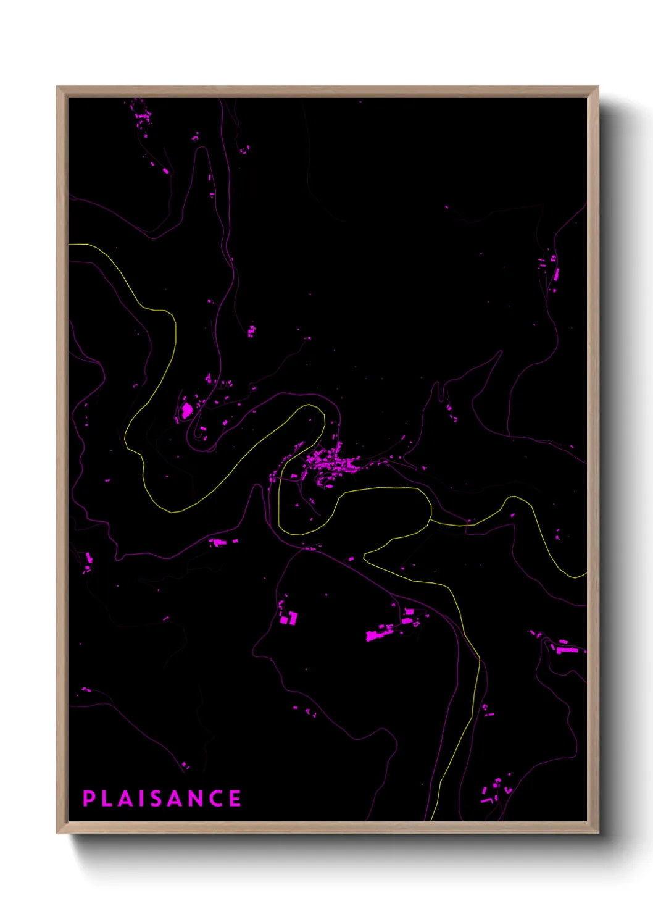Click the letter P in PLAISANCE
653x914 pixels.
[88, 799]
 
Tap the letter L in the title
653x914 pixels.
[107, 799]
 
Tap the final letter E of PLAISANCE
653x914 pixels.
[235, 799]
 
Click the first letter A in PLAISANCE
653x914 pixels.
[126, 799]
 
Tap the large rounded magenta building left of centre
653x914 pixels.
[186, 410]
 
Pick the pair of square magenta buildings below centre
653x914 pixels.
[289, 618]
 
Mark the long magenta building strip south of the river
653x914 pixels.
[380, 633]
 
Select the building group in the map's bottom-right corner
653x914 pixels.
[494, 790]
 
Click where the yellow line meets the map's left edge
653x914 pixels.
[70, 245]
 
